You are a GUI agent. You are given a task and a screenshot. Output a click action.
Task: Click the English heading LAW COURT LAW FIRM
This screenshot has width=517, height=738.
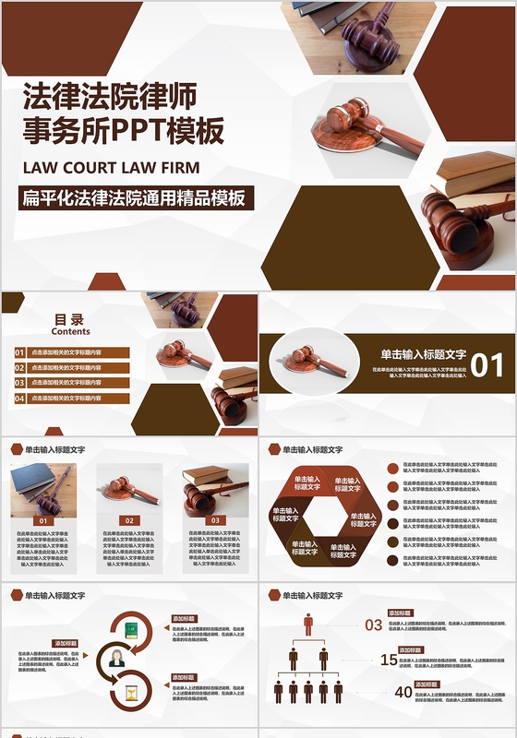pos(111,168)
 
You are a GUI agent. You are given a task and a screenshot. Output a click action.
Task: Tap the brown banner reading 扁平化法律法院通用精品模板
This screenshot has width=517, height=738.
pos(137,197)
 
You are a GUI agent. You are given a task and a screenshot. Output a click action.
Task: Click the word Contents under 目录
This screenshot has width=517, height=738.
pos(71,331)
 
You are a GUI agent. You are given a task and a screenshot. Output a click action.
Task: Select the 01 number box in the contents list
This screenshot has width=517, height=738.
pos(19,352)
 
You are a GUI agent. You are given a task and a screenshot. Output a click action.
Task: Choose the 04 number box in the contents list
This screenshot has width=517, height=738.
pos(19,399)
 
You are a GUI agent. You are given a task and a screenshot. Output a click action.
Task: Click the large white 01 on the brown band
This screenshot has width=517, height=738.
pos(487,365)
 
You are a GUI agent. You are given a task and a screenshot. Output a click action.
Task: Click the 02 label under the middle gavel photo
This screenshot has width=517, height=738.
pos(129,520)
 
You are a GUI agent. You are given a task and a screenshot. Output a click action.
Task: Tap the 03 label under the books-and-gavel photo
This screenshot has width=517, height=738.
pos(215,520)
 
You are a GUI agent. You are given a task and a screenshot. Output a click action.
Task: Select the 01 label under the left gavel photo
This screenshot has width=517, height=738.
pos(42,520)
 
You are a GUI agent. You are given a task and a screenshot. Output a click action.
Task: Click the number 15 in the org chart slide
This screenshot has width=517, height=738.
pos(389,660)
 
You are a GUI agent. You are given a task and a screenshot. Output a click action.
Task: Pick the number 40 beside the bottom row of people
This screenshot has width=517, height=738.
pos(403,692)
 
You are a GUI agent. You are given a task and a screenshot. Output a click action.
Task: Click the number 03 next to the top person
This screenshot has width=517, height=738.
pos(373,625)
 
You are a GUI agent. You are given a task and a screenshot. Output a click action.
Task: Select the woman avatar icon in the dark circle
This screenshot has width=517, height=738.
pos(117,659)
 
